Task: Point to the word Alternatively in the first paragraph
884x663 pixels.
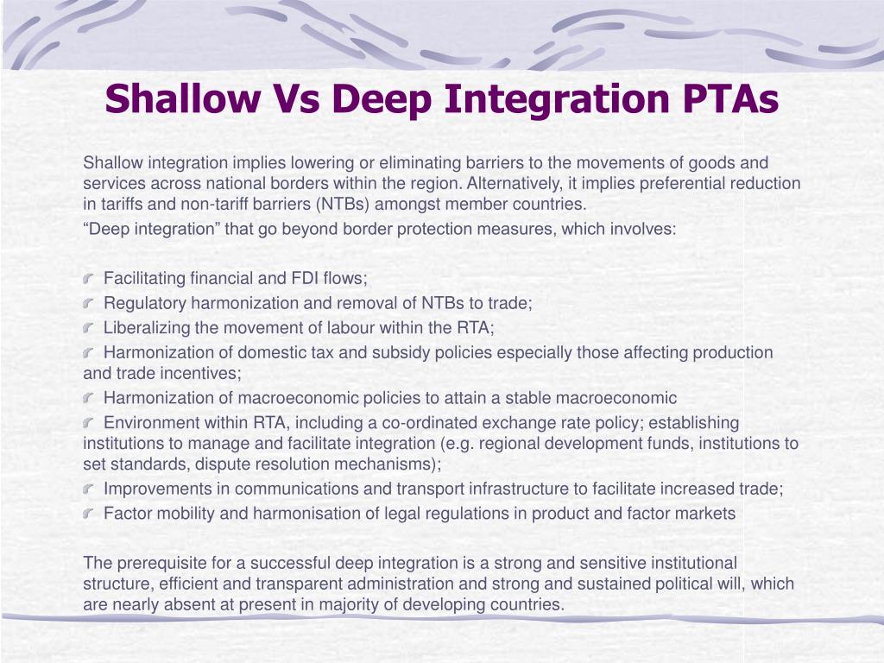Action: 514,183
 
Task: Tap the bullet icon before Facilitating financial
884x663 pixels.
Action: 91,279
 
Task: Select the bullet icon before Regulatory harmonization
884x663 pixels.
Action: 91,304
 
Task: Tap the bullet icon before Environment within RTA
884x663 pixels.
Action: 91,424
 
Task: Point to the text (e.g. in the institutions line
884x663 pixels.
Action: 458,444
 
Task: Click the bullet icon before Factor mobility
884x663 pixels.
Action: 91,515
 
